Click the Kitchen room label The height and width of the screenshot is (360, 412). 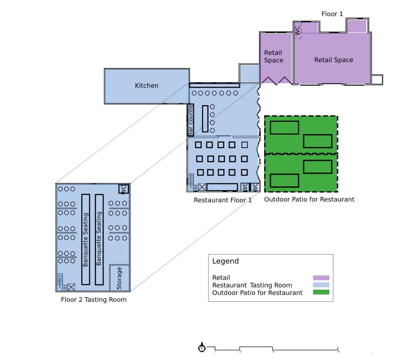pos(147,86)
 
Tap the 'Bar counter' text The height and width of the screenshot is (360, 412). pos(191,120)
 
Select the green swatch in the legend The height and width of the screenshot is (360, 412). pos(321,292)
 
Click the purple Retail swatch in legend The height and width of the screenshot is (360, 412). pos(321,278)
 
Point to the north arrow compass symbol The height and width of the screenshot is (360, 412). pos(202,348)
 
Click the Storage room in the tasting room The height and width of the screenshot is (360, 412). pos(119,278)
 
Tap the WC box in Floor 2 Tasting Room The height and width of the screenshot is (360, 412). pos(123,189)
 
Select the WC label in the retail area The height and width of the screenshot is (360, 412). pos(298,30)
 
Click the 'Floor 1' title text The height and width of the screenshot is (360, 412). pos(332,14)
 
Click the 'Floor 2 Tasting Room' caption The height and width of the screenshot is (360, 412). pos(94,300)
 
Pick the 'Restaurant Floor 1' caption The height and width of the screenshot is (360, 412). pos(223,200)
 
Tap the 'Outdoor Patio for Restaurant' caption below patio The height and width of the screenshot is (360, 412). pos(309,199)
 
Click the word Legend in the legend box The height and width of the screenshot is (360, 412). pos(225,261)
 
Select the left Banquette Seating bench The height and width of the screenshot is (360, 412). pos(86,239)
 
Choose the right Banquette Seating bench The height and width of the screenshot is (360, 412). pos(99,239)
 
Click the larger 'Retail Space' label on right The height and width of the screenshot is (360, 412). pos(334,60)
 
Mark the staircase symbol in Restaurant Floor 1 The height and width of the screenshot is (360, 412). pos(192,181)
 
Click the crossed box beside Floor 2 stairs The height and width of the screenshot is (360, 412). pos(71,287)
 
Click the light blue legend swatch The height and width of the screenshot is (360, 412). pos(321,285)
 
